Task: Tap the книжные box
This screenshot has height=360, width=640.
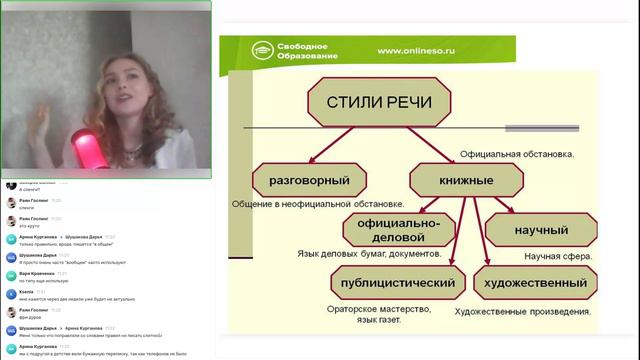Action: (467, 181)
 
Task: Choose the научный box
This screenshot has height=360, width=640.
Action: (540, 230)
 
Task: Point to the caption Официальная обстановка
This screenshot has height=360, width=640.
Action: (516, 155)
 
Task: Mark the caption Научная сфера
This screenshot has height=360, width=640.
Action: (557, 255)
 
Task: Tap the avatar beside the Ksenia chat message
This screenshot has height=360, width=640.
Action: (11, 294)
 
